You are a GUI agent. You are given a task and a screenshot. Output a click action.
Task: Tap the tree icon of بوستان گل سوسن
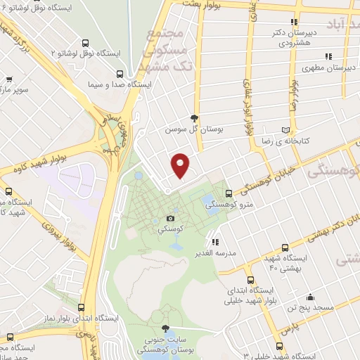pyautogui.click(x=194, y=118)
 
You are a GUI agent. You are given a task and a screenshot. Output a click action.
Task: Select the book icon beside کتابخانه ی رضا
pyautogui.click(x=285, y=130)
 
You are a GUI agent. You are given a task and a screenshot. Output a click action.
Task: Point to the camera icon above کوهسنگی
pyautogui.click(x=170, y=219)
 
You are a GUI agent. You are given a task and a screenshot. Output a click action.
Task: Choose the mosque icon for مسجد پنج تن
pyautogui.click(x=311, y=297)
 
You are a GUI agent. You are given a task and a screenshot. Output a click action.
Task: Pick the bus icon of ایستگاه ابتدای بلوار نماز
pyautogui.click(x=82, y=307)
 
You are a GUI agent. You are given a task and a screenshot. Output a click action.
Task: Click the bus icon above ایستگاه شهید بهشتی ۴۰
pyautogui.click(x=284, y=247)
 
